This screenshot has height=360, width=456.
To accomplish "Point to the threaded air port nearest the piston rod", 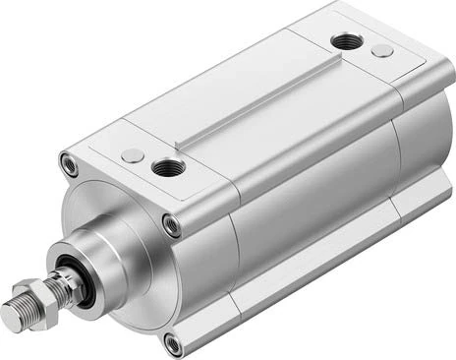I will click(x=165, y=169).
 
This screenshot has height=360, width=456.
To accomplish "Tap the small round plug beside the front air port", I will click(x=132, y=154).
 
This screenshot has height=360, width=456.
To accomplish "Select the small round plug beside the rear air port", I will click(x=383, y=50).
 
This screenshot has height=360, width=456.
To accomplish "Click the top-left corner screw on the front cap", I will click(x=68, y=164).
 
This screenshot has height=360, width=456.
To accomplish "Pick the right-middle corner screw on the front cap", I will click(x=171, y=224).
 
